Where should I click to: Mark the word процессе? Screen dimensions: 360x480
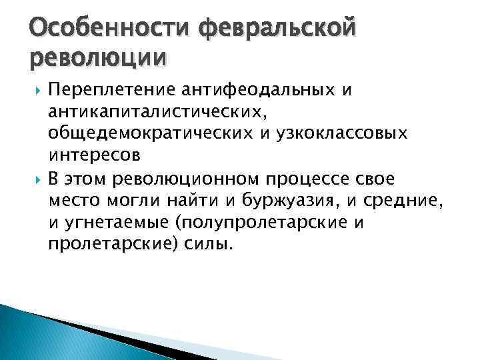[309, 179]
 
